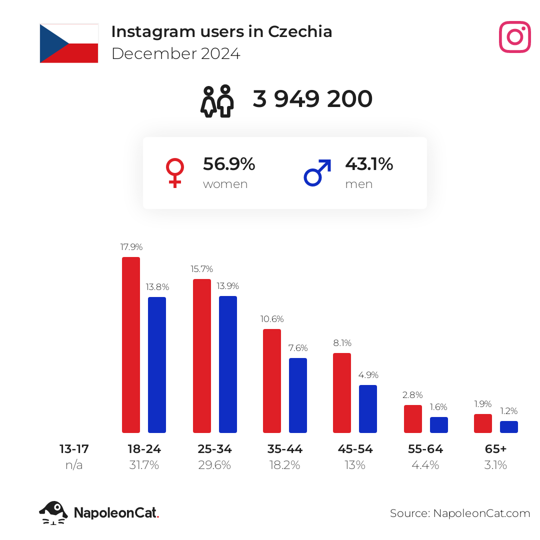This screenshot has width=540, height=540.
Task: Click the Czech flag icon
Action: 69,43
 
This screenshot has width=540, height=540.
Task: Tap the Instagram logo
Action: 514,37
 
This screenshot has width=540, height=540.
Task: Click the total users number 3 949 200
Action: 312,99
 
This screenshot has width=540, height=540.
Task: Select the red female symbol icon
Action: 174,172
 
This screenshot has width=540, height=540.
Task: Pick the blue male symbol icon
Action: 317,172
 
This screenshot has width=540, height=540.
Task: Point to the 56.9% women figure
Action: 229,164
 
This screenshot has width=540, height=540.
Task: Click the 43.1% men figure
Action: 369,164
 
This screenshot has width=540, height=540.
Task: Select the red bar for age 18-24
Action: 131,344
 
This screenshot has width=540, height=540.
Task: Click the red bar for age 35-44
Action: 272,380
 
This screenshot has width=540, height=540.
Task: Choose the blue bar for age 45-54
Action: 368,408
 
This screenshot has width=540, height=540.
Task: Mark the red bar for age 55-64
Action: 413,418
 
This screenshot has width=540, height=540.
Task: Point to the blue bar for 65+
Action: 509,426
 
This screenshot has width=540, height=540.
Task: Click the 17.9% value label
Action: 131,247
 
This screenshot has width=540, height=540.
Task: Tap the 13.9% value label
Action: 228,286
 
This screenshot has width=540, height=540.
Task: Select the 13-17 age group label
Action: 74,449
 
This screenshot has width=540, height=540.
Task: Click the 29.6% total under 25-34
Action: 214,465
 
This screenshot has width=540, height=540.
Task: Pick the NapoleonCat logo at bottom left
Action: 99,512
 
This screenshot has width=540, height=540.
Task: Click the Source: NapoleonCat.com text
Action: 460,513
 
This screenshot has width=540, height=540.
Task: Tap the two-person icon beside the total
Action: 217,101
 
